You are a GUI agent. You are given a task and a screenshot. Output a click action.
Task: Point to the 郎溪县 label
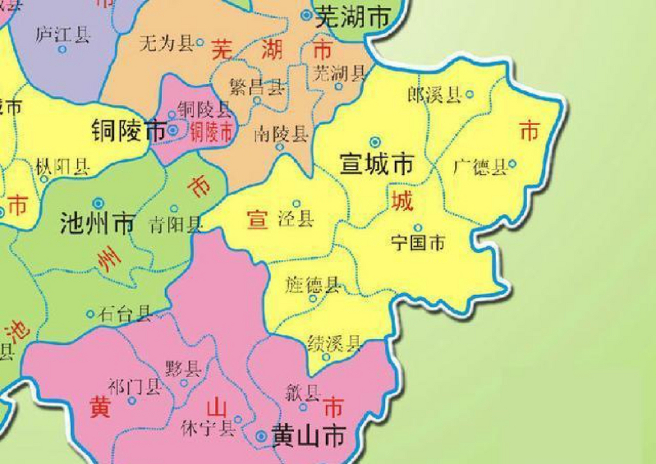click(434, 95)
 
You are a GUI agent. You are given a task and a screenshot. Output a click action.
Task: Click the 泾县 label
click(296, 219)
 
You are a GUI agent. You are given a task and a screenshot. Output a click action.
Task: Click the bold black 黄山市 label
click(308, 436)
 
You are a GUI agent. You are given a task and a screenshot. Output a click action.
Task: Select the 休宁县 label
click(208, 428)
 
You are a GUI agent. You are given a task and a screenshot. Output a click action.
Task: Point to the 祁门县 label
click(135, 387)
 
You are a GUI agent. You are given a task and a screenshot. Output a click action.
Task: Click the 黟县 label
click(183, 369)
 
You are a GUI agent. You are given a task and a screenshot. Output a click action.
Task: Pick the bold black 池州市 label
click(97, 223)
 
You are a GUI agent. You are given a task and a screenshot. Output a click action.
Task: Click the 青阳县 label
click(175, 225)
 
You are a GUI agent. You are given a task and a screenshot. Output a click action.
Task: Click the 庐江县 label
click(62, 35)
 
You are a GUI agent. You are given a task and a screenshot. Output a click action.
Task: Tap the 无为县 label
click(166, 43)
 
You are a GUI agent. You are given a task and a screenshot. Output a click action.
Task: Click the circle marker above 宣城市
click(375, 142)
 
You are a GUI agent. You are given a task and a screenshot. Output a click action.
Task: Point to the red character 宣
click(257, 219)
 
